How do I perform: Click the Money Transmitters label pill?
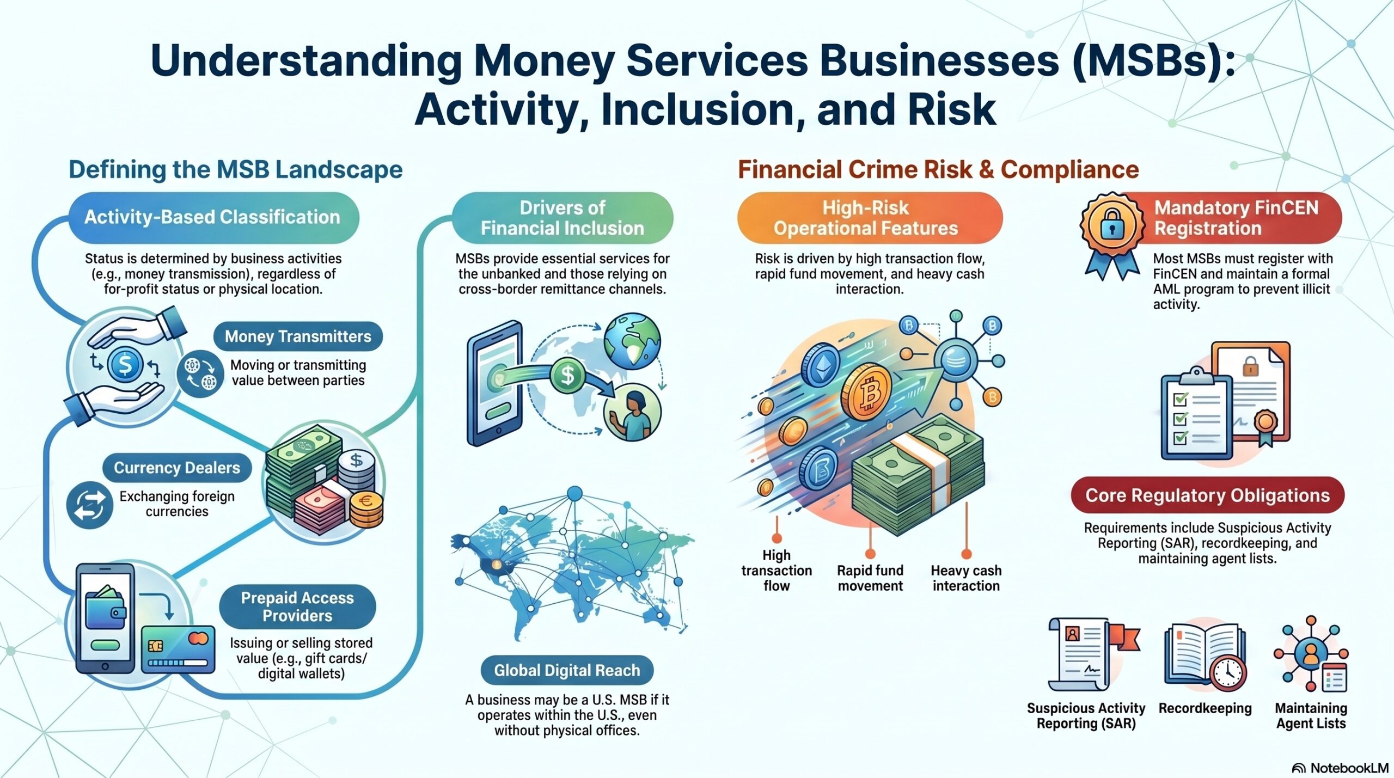tap(298, 336)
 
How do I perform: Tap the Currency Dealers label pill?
tap(177, 468)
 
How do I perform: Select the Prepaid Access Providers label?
tap(297, 607)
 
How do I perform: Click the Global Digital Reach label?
tap(567, 670)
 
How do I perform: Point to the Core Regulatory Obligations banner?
tap(1207, 495)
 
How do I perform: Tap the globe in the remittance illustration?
tap(632, 341)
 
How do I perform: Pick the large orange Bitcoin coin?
tap(866, 392)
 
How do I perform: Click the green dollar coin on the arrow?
tap(567, 375)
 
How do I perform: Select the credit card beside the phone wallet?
tap(178, 649)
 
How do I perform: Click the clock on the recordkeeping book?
tap(1228, 673)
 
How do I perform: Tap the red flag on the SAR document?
tap(1124, 637)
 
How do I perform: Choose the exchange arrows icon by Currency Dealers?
tap(90, 505)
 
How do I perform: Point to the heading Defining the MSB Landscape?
tap(235, 170)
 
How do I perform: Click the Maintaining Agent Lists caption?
tap(1311, 715)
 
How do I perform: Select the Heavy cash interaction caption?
tap(966, 578)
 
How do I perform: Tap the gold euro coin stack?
tap(366, 509)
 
